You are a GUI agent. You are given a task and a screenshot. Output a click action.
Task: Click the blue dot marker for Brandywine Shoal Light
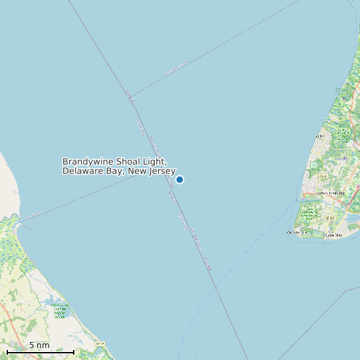tap(179, 179)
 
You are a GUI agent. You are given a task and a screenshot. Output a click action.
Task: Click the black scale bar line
tap(40, 351)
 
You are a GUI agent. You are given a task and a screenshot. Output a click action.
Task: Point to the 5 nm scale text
tap(39, 345)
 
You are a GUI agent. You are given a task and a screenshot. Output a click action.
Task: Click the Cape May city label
tap(333, 235)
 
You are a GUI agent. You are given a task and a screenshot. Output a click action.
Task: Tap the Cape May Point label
tap(296, 232)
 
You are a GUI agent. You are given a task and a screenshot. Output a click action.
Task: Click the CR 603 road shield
tap(320, 136)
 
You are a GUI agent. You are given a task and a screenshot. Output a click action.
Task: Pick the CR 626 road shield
tap(321, 176)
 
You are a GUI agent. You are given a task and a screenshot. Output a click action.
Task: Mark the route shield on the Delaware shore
tap(100, 343)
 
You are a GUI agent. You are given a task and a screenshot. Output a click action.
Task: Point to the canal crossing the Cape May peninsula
tap(312, 199)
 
